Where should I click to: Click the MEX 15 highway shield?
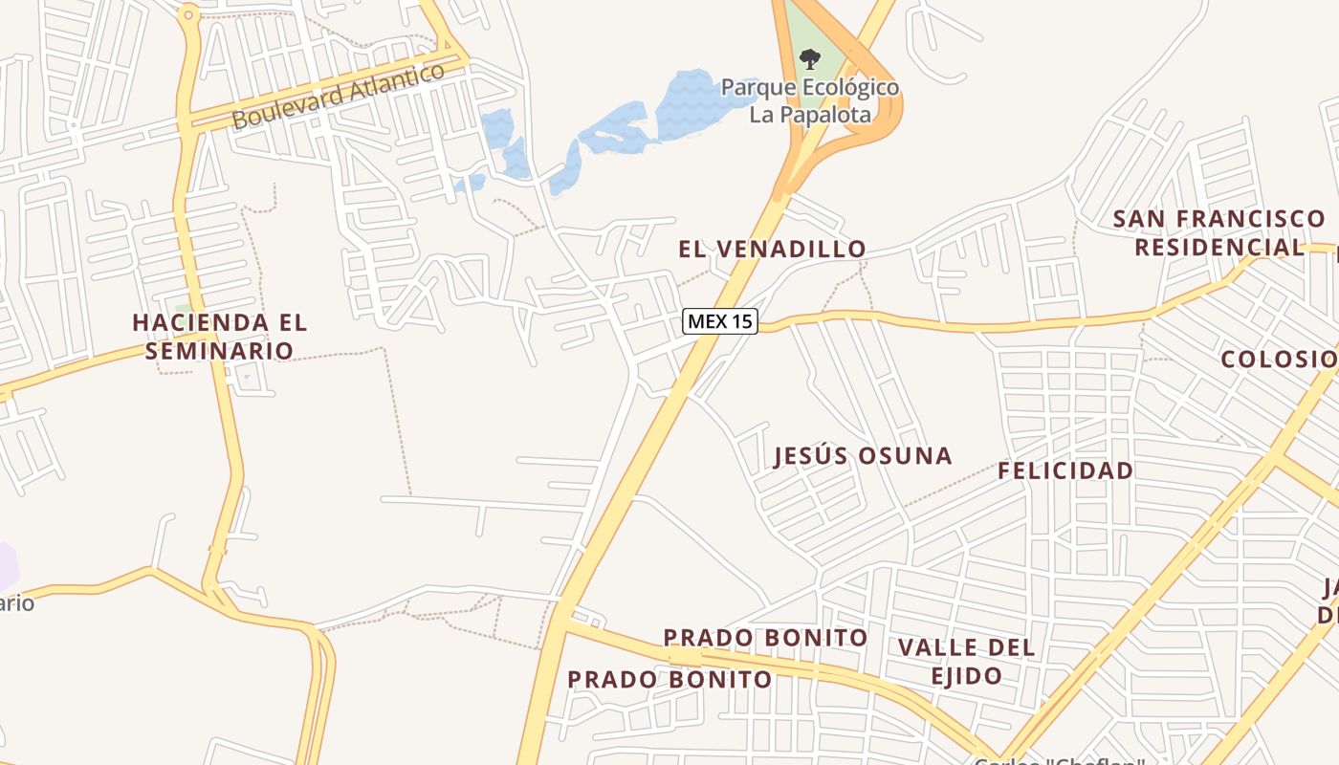pos(720,321)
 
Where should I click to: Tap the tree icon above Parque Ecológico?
pos(809,59)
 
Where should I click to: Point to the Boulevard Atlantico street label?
pos(339,96)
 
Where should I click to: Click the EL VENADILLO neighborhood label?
pos(772,250)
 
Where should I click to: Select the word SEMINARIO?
pos(220,351)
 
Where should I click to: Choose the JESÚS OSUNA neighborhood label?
pos(863,456)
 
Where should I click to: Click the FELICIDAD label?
pos(1065,470)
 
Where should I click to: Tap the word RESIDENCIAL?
pos(1219,248)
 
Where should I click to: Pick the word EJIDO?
pos(966,676)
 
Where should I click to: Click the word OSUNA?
pos(907,456)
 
